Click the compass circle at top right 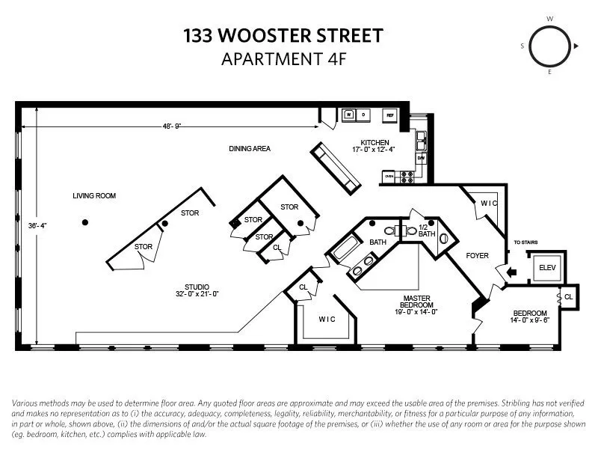tap(551, 46)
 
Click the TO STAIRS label tap(525, 242)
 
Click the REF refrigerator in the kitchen tap(389, 116)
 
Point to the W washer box tap(349, 115)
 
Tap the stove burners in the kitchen tap(408, 177)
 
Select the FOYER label tap(477, 256)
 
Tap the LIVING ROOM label tap(94, 196)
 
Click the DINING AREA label tap(249, 149)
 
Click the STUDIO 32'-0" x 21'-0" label tap(197, 290)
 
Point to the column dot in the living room tap(85, 222)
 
